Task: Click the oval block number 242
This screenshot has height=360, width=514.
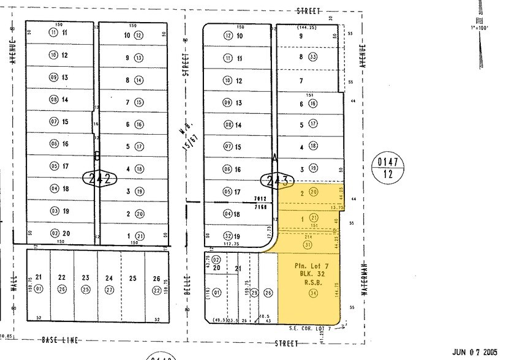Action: (x=99, y=179)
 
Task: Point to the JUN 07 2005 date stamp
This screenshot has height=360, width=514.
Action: (x=475, y=352)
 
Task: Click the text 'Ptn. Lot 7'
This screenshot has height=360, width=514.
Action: (x=308, y=266)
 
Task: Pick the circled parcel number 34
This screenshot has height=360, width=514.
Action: (x=314, y=293)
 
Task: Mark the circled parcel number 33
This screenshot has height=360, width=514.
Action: (x=312, y=57)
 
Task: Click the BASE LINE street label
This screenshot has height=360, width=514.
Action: (x=59, y=340)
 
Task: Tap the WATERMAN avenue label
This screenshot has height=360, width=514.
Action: (x=363, y=279)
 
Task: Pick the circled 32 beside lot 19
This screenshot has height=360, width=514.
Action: (x=228, y=236)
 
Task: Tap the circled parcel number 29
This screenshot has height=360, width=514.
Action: (x=254, y=293)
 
